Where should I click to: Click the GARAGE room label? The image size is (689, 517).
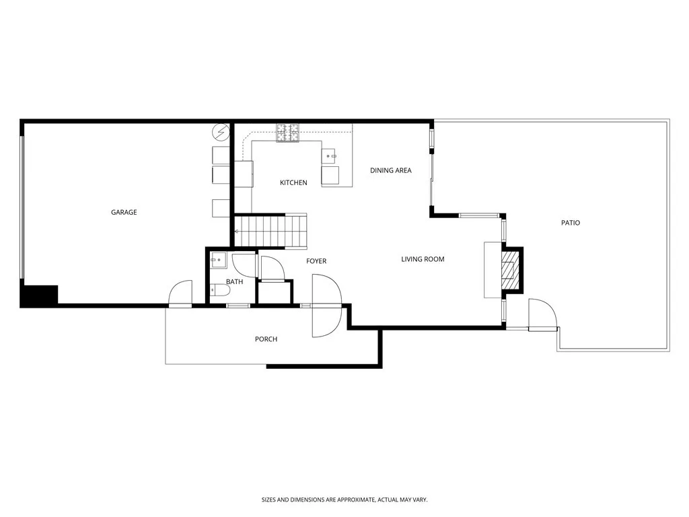[x=124, y=213]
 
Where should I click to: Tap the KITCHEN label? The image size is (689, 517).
[x=293, y=183]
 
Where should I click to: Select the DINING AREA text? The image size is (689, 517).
[x=390, y=171]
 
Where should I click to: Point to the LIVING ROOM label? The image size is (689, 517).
[x=423, y=259]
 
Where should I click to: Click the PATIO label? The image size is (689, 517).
[x=571, y=223]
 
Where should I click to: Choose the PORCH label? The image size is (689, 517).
[x=266, y=339]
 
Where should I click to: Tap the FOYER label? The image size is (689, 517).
[x=316, y=261]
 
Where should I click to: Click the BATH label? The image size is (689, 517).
[x=234, y=282]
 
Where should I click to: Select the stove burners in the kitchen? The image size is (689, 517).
[x=287, y=133]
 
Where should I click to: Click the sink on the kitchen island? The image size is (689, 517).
[x=330, y=156]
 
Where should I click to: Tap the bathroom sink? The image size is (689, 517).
[x=217, y=259]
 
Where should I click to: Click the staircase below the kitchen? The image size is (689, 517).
[x=270, y=231]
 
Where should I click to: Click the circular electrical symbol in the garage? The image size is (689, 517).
[x=220, y=131]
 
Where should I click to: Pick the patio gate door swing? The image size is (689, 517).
[x=542, y=315]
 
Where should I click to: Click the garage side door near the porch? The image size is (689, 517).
[x=180, y=294]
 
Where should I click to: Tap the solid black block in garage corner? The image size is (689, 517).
[x=39, y=296]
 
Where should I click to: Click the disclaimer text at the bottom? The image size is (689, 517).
[x=344, y=499]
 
